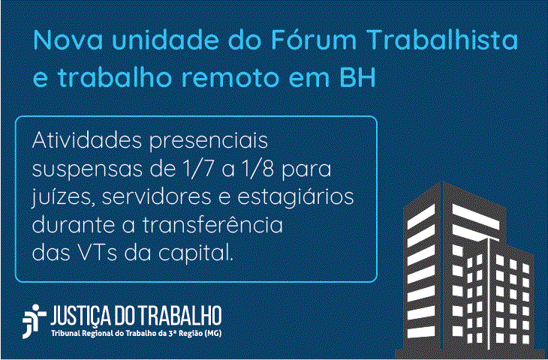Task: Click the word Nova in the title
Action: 68,40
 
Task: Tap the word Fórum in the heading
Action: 313,39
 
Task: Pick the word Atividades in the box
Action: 87,140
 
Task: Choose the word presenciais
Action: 209,142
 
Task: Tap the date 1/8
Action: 258,169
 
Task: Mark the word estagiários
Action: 296,198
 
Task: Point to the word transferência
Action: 212,224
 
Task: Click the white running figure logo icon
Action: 35,321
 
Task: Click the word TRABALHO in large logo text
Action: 180,315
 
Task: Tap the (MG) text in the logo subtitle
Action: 213,334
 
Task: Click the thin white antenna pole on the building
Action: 489,294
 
